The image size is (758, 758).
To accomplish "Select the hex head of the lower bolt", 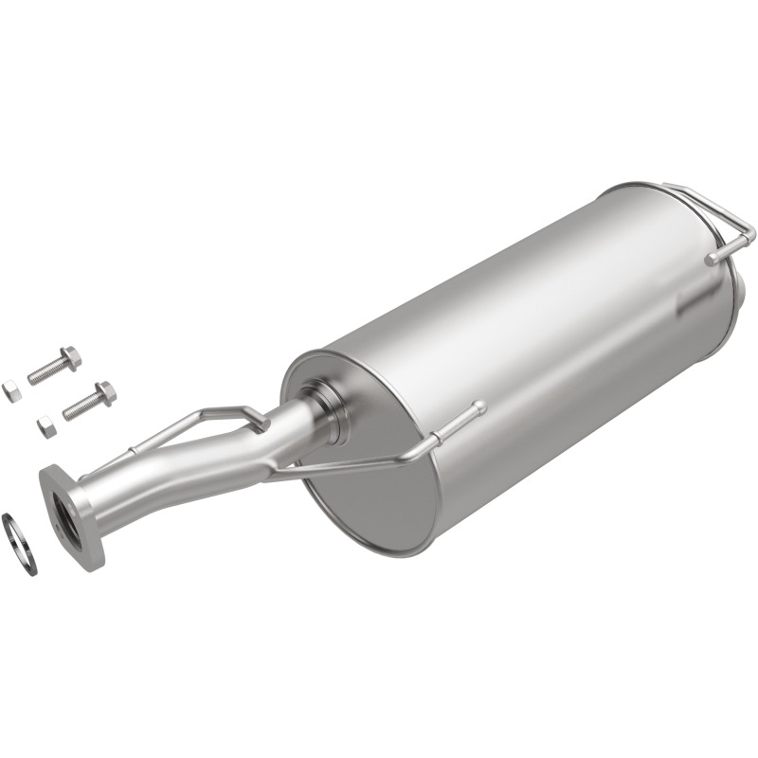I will pos(105,392).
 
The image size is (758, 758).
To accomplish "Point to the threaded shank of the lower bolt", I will pos(80,406).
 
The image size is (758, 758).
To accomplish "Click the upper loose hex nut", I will pos(11,390).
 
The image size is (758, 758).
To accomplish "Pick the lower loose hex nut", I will pos(45,424).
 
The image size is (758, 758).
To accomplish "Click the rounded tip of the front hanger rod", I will pos(478,407).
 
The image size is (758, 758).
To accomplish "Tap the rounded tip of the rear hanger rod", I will pos(711,258).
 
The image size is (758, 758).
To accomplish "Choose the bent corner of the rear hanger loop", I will pos(749,227).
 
